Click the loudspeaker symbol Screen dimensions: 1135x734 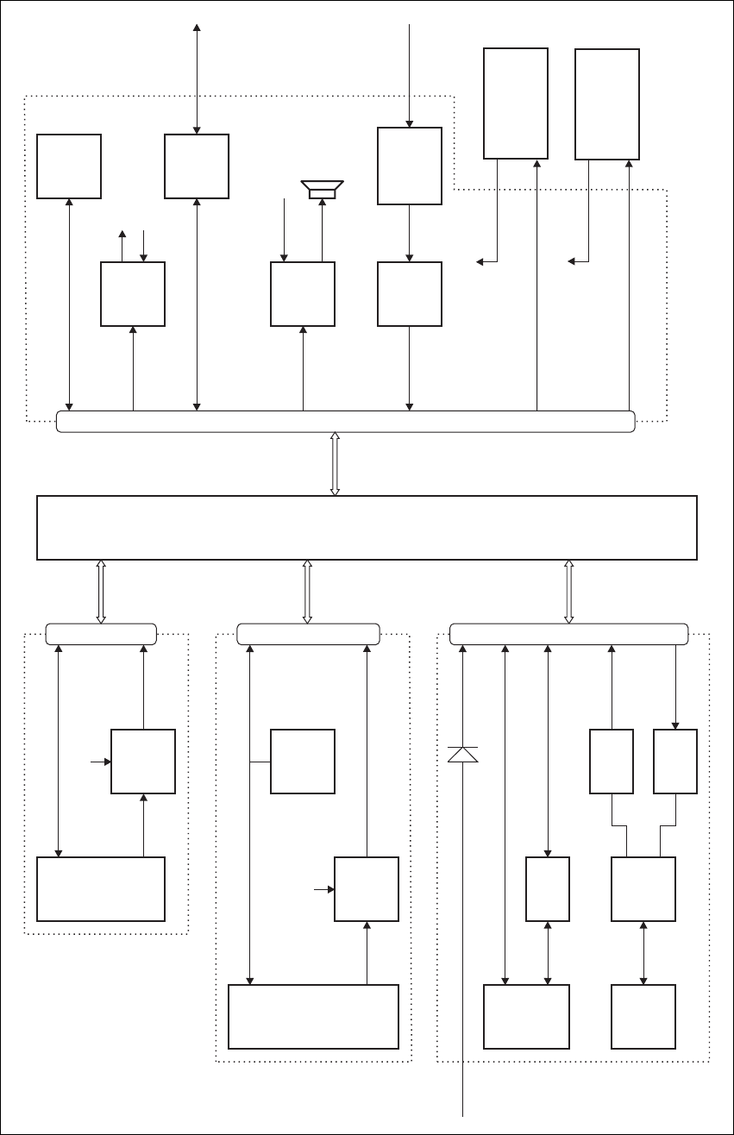point(322,188)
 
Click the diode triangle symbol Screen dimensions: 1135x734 point(463,754)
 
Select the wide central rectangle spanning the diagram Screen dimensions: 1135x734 point(367,527)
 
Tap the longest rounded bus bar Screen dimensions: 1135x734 point(345,421)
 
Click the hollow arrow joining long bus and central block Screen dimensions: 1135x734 point(336,463)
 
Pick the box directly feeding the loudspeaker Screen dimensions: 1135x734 point(303,294)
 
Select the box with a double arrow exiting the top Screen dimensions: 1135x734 point(197,166)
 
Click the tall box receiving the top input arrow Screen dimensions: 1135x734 point(410,166)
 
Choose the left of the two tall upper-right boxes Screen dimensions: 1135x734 point(516,103)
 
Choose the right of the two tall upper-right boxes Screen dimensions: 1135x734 point(607,103)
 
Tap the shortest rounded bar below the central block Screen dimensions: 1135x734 point(101,633)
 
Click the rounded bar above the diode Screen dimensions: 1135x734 point(569,633)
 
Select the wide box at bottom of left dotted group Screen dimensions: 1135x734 point(101,889)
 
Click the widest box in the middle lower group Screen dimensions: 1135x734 point(313,1017)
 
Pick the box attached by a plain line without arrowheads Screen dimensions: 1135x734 point(303,762)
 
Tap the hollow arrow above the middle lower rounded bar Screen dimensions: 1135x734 point(308,591)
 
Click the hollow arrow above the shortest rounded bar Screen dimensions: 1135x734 point(101,591)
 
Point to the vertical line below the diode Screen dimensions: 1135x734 point(463,949)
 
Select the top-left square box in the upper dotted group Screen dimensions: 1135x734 point(69,166)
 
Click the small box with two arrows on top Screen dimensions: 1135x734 point(133,294)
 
